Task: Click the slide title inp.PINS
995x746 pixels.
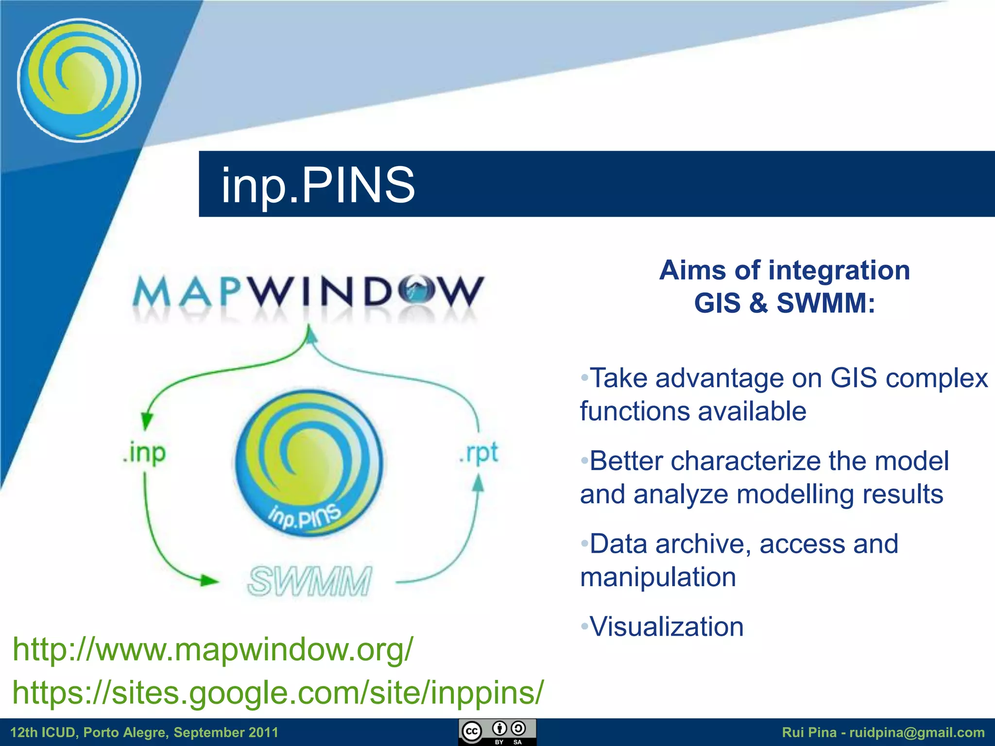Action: coord(318,185)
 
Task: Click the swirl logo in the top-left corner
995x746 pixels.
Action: coord(79,80)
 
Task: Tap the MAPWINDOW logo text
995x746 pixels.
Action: coord(309,292)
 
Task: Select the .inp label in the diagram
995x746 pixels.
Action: coord(144,453)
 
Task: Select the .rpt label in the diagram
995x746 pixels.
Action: coord(479,453)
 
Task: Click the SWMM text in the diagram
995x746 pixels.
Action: coord(309,581)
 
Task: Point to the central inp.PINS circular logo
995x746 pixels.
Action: coord(309,464)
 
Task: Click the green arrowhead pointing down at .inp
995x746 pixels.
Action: coord(146,421)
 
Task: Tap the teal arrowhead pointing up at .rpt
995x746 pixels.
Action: coord(479,483)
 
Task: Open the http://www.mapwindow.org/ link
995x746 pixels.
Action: coord(213,649)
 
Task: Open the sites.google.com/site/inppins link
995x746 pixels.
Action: coord(278,692)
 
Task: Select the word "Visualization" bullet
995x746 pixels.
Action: coord(666,627)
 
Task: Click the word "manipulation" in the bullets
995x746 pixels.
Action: coord(658,577)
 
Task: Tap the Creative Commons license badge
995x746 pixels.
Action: coord(497,732)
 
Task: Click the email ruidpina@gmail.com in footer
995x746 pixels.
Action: coord(917,732)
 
